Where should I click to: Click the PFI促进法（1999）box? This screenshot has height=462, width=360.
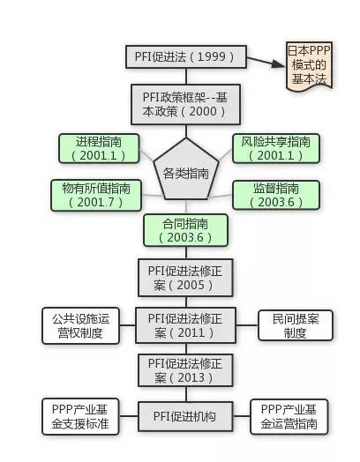(x=186, y=56)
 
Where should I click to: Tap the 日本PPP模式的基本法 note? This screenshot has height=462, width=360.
(x=309, y=66)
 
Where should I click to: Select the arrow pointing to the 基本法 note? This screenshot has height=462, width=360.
(x=266, y=62)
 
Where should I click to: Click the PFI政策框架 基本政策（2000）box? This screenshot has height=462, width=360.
(x=186, y=105)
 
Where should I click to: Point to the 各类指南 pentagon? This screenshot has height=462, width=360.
(x=186, y=169)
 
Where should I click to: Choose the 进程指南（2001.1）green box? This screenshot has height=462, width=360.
(x=99, y=148)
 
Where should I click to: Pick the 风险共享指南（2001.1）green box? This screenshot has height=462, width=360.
(x=276, y=148)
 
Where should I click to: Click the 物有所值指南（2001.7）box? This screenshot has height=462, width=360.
(x=96, y=196)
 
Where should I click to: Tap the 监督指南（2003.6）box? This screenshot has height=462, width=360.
(x=276, y=196)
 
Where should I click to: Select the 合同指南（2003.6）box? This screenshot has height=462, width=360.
(x=186, y=230)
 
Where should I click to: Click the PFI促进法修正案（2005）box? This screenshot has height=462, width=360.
(x=186, y=278)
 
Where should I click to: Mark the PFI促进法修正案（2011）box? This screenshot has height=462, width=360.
(x=186, y=325)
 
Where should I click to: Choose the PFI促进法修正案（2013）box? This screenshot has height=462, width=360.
(x=186, y=370)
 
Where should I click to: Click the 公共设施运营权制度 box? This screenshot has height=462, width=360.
(x=81, y=325)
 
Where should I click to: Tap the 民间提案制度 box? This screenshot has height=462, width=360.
(x=296, y=325)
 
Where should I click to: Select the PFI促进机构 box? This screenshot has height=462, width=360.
(x=186, y=416)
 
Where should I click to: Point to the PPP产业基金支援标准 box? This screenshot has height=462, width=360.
(x=80, y=417)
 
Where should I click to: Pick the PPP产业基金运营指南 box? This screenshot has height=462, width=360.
(x=289, y=417)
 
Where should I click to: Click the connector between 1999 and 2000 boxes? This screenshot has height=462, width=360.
(x=186, y=77)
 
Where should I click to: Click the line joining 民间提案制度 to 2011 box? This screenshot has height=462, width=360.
(x=247, y=325)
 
